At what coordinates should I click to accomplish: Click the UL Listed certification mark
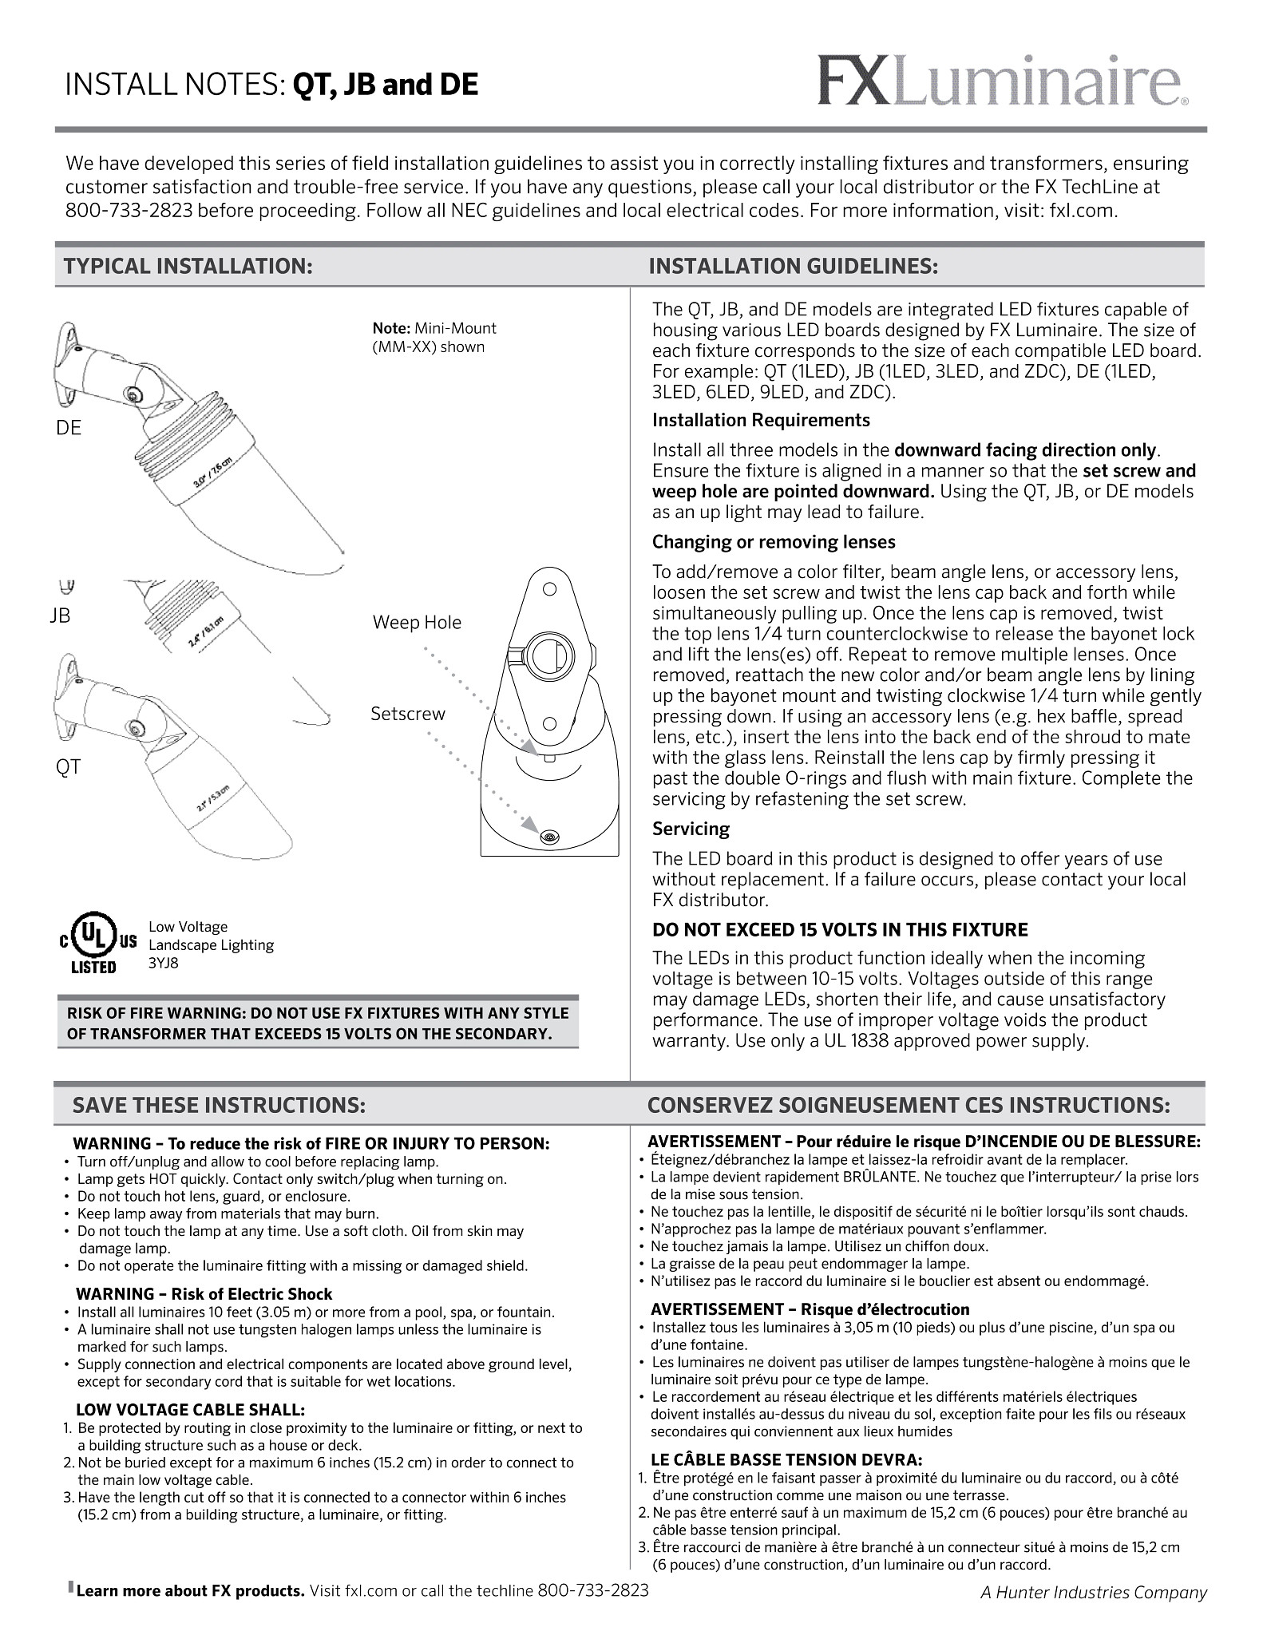point(94,944)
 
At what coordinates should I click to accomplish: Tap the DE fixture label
point(69,428)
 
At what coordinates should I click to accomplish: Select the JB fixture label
point(60,616)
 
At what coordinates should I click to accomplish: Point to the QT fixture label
point(68,767)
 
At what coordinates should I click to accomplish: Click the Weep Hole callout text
point(417,623)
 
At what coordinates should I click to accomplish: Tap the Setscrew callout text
point(407,714)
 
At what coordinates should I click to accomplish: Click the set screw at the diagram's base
point(548,837)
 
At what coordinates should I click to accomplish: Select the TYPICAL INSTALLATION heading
point(188,266)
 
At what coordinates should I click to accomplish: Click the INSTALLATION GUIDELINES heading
point(793,266)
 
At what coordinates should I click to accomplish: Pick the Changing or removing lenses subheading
point(773,542)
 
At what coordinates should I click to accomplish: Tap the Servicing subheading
point(691,829)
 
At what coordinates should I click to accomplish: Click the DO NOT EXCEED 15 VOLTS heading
point(839,929)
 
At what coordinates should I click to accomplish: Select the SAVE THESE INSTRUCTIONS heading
point(219,1105)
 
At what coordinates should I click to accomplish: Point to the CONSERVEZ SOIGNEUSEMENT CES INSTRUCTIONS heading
point(909,1105)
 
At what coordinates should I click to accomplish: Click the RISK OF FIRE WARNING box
point(318,1023)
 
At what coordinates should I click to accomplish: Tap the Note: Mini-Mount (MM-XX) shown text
point(434,338)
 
